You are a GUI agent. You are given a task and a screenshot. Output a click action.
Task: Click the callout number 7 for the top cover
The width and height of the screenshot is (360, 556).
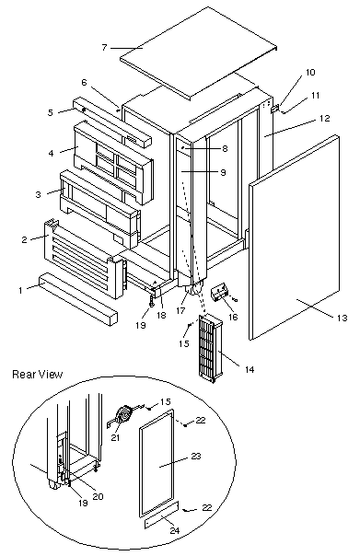click(x=104, y=48)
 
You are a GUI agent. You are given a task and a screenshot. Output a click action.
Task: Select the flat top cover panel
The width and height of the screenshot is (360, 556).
click(x=198, y=53)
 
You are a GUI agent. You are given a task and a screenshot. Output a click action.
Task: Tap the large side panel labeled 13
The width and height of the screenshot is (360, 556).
click(x=294, y=237)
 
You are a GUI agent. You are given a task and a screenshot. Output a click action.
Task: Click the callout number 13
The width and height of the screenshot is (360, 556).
click(x=342, y=318)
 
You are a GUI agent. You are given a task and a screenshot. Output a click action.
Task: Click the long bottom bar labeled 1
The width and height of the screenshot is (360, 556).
click(x=77, y=299)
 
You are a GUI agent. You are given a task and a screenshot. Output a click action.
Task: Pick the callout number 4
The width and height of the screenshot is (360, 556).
click(x=51, y=153)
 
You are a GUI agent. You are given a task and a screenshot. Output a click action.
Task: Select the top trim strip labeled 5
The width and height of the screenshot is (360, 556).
click(x=112, y=122)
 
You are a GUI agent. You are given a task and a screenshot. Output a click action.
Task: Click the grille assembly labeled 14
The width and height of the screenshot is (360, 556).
click(x=211, y=349)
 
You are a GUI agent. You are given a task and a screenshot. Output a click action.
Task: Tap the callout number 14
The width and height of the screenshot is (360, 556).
click(x=250, y=369)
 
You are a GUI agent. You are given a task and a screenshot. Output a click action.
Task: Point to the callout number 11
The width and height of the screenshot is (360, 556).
click(x=315, y=95)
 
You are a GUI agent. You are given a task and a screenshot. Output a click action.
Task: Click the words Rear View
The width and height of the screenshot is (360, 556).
click(x=38, y=374)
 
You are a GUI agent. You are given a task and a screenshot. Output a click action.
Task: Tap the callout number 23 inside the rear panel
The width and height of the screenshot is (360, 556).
click(x=196, y=456)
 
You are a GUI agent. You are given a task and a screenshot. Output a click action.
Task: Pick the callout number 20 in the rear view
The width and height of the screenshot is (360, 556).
click(x=98, y=496)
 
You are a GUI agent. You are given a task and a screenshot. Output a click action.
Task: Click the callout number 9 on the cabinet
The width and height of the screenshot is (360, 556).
click(x=223, y=172)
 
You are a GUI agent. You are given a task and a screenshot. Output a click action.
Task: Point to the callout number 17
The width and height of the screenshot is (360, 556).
click(x=180, y=310)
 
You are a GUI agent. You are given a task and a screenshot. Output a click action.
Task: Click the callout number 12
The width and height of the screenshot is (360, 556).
click(x=325, y=118)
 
